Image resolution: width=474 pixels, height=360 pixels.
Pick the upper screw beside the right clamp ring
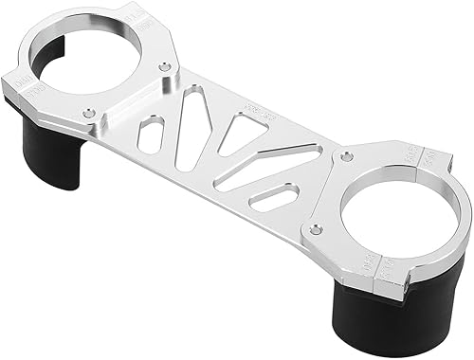click(348, 152)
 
